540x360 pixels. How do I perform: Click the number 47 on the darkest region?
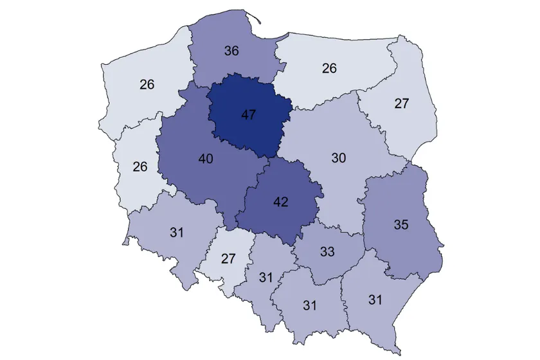click(x=249, y=115)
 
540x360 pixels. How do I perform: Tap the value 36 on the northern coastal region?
click(x=231, y=50)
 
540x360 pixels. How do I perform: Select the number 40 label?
click(x=206, y=158)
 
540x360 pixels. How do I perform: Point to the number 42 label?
click(x=280, y=201)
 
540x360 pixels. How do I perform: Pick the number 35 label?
click(x=401, y=225)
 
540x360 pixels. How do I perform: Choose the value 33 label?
click(x=327, y=252)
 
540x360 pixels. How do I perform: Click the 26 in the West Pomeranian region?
click(x=147, y=84)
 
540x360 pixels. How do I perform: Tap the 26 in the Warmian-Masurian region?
click(x=329, y=68)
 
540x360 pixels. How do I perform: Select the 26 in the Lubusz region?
click(x=140, y=166)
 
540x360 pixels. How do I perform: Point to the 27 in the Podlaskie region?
click(x=401, y=103)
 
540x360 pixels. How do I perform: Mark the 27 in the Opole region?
click(x=229, y=258)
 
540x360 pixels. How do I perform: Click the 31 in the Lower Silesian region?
click(x=177, y=233)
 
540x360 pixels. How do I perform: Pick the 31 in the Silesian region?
click(x=266, y=278)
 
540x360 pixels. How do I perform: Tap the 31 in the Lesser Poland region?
click(x=310, y=305)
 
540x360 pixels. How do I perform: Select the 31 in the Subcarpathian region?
click(x=375, y=299)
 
